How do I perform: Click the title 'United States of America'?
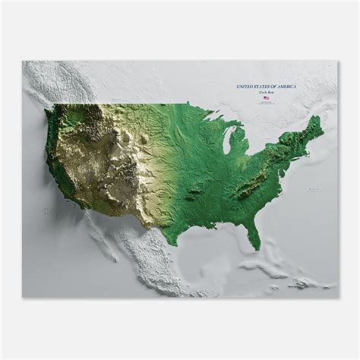(x=267, y=88)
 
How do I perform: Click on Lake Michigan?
(x=229, y=141)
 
